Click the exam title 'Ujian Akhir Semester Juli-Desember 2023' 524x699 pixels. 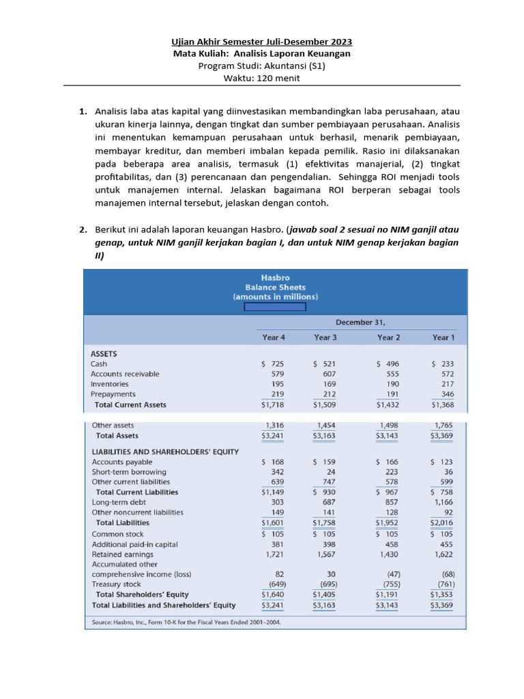pyautogui.click(x=261, y=42)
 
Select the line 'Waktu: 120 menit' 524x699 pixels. pyautogui.click(x=261, y=78)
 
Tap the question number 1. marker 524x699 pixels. pyautogui.click(x=83, y=111)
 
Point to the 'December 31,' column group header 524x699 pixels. pyautogui.click(x=360, y=322)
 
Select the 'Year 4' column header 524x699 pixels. pyautogui.click(x=274, y=337)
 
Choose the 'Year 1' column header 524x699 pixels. pyautogui.click(x=443, y=337)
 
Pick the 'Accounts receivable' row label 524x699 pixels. pyautogui.click(x=125, y=374)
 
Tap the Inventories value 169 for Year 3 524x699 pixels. pyautogui.click(x=328, y=384)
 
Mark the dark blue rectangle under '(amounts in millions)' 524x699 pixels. pyautogui.click(x=275, y=306)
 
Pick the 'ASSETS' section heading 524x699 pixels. pyautogui.click(x=104, y=354)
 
